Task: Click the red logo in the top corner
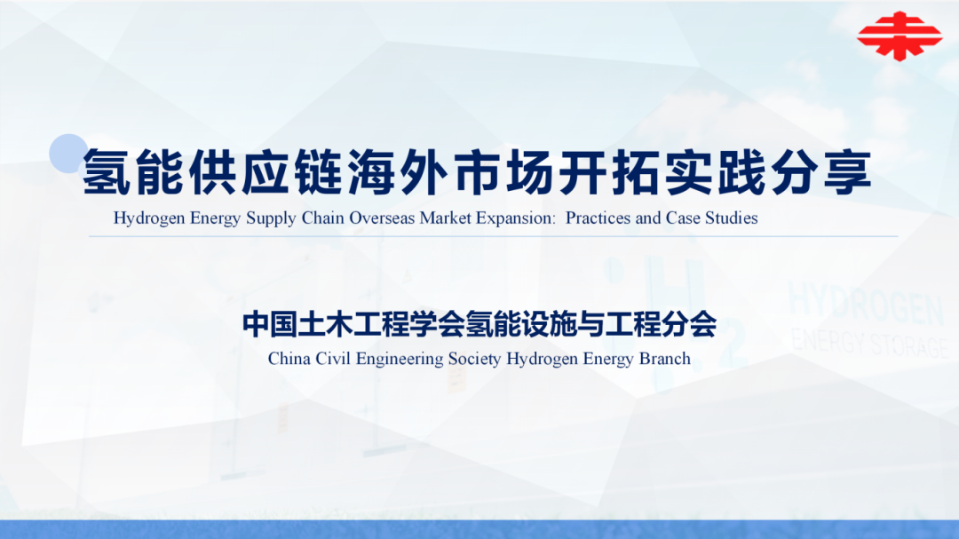pyautogui.click(x=899, y=35)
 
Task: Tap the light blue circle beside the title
pyautogui.click(x=68, y=154)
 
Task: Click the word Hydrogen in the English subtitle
pyautogui.click(x=150, y=218)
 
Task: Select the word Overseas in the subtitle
pyautogui.click(x=381, y=218)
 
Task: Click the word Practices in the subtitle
pyautogui.click(x=598, y=218)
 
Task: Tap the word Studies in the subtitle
pyautogui.click(x=732, y=218)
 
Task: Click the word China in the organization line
pyautogui.click(x=289, y=359)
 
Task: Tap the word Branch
pyautogui.click(x=665, y=359)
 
